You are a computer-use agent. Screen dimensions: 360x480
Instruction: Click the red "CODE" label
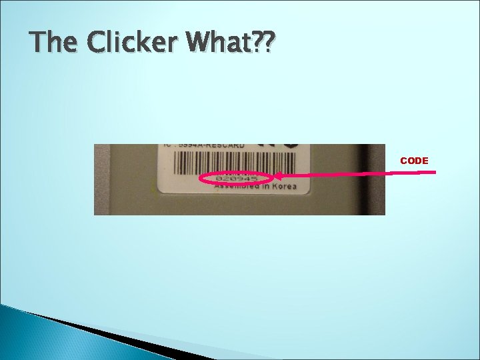pyautogui.click(x=414, y=161)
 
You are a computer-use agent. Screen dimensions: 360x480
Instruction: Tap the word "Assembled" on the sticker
pyautogui.click(x=237, y=187)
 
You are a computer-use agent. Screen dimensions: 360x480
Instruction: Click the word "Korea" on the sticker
pyautogui.click(x=283, y=187)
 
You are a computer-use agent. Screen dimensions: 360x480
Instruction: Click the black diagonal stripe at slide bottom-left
pyautogui.click(x=100, y=333)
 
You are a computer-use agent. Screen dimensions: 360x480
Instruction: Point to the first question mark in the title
pyautogui.click(x=254, y=44)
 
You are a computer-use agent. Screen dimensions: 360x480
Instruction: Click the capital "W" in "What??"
pyautogui.click(x=200, y=44)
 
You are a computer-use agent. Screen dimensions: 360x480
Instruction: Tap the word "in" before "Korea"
pyautogui.click(x=265, y=187)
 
